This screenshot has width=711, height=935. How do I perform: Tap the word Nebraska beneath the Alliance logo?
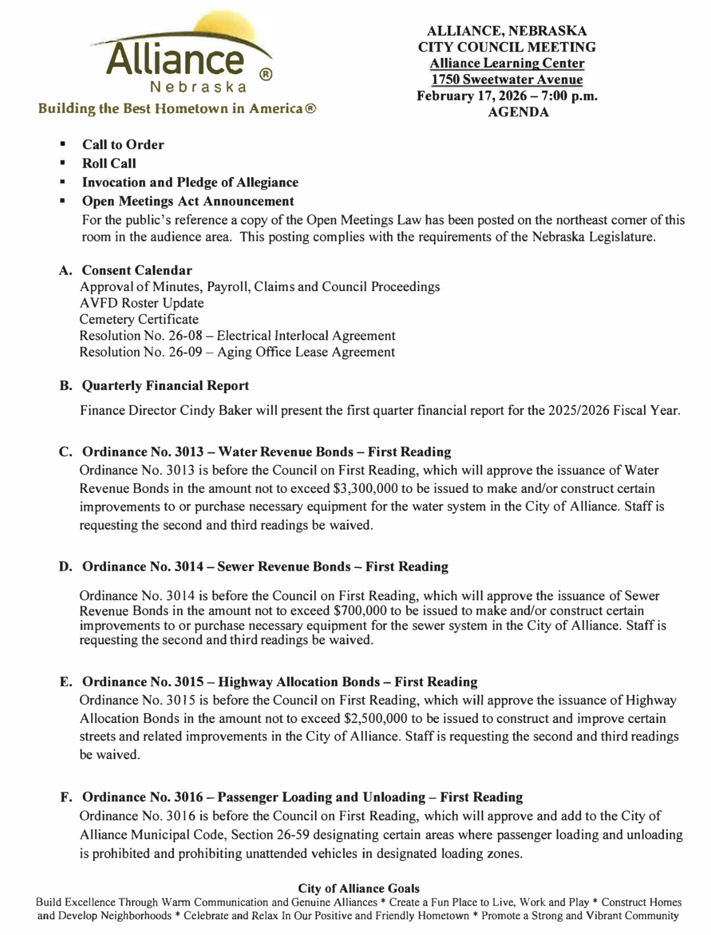click(198, 88)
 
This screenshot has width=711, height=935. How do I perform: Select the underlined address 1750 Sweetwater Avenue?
click(506, 80)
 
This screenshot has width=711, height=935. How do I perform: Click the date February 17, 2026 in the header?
click(474, 96)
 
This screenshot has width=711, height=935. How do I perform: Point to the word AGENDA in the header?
click(518, 112)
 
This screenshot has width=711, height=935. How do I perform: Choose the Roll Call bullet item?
click(109, 163)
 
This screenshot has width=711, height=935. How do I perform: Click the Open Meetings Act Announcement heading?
click(188, 201)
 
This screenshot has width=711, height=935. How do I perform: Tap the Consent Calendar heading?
click(137, 270)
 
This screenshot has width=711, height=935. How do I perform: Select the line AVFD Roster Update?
click(141, 303)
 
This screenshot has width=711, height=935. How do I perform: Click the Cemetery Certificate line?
click(139, 319)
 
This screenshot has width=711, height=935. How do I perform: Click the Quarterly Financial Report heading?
click(165, 386)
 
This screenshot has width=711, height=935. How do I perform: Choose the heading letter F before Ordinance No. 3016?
click(66, 797)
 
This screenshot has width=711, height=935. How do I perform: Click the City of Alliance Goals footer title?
click(358, 889)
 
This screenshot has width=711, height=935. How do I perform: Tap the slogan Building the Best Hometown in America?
click(176, 109)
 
